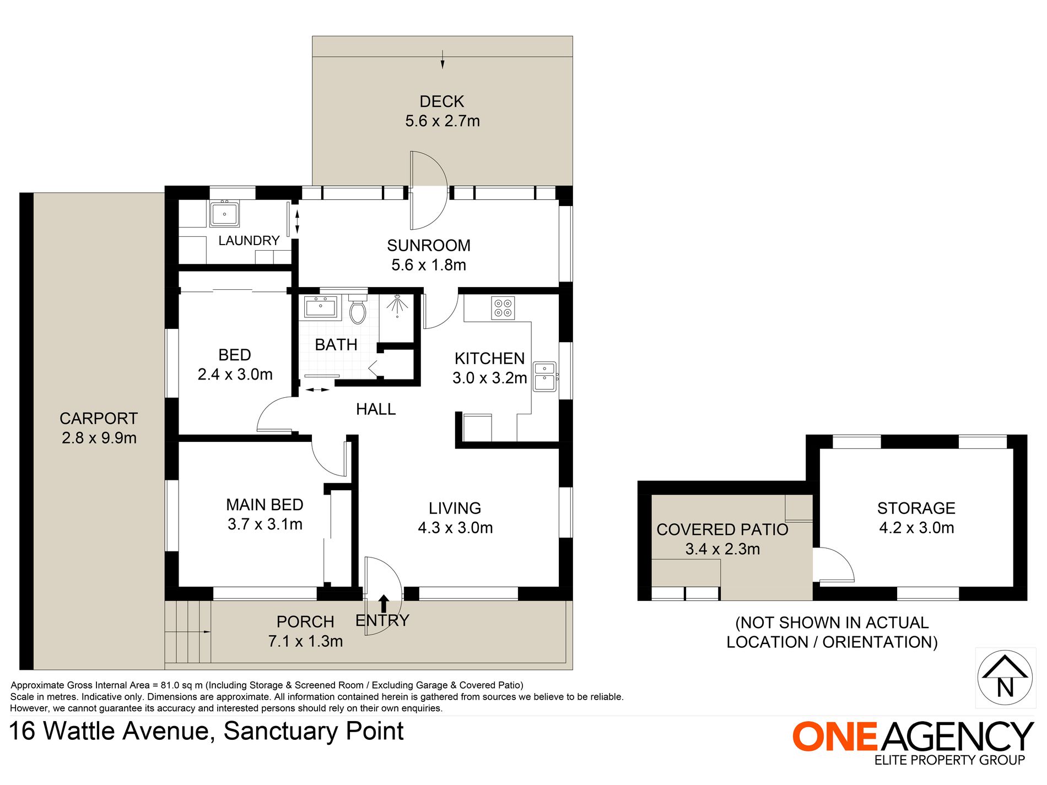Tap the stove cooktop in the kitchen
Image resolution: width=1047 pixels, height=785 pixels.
(503, 308)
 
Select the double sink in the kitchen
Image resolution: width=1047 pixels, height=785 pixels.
(544, 376)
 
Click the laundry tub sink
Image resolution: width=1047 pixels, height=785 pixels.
(224, 214)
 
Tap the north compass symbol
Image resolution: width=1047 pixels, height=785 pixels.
(1005, 678)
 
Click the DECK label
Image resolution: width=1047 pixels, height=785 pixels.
(442, 102)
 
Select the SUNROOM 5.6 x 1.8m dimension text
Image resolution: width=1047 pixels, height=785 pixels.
(429, 265)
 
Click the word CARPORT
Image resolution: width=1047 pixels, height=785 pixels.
(99, 419)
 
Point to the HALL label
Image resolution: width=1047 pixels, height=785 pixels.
(376, 409)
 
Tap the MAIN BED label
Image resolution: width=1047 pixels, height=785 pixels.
(265, 505)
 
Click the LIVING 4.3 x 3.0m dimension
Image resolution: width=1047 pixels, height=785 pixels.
(455, 528)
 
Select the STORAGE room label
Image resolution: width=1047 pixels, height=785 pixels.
(916, 508)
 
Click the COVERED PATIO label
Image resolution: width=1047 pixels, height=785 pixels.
(722, 530)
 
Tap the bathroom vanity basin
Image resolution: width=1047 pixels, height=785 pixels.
(320, 307)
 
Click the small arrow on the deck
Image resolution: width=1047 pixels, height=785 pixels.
(442, 59)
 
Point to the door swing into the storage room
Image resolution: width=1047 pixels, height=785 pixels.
(833, 565)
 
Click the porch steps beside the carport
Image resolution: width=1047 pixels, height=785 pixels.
(187, 631)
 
